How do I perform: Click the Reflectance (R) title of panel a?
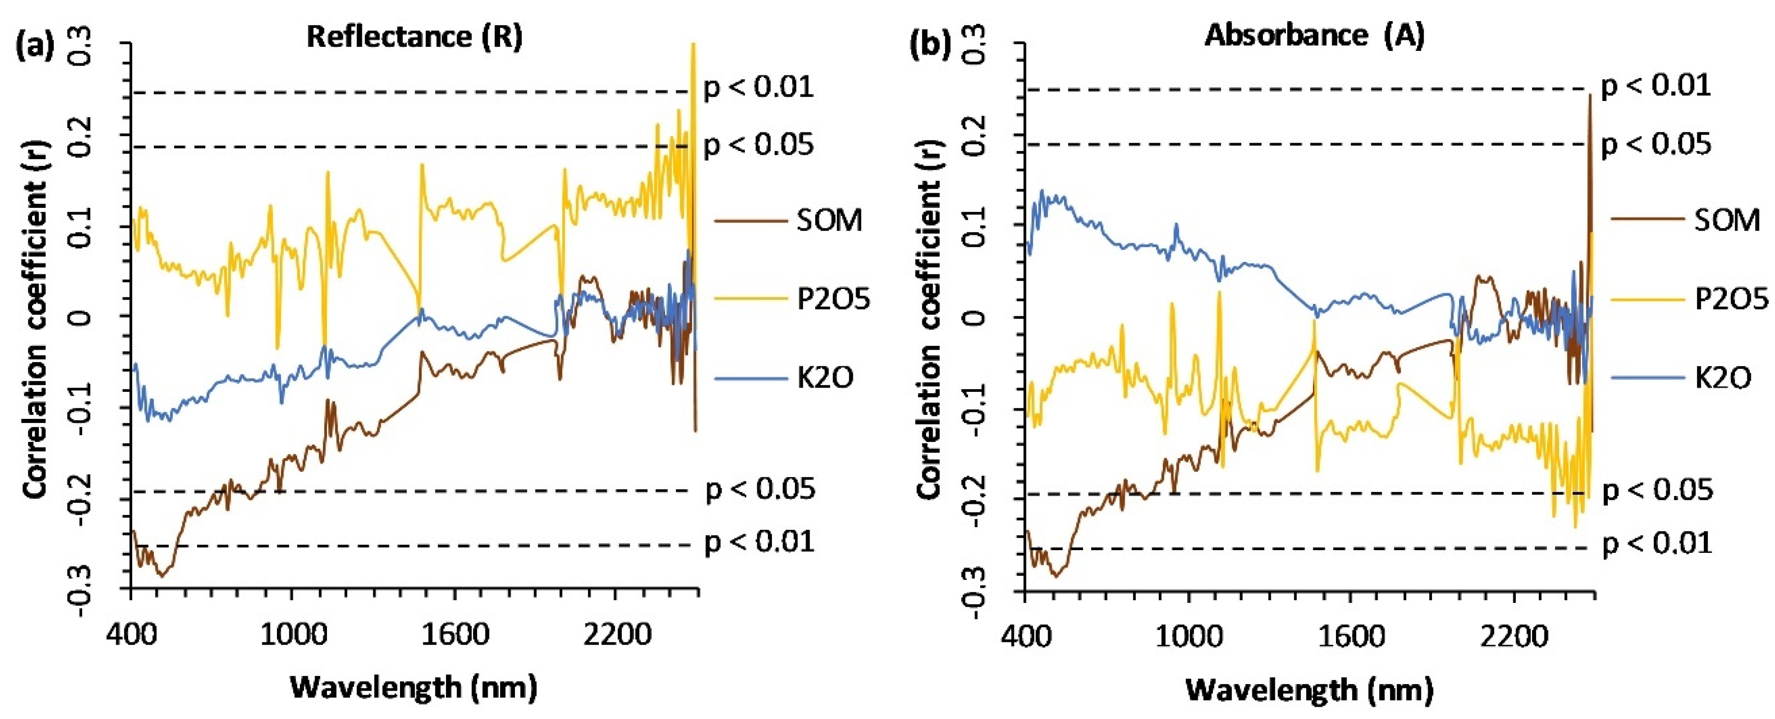pyautogui.click(x=414, y=36)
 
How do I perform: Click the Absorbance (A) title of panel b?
pyautogui.click(x=1314, y=34)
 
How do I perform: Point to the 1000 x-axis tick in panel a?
pyautogui.click(x=293, y=634)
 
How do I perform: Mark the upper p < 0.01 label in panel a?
pyautogui.click(x=758, y=88)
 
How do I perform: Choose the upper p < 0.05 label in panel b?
pyautogui.click(x=1656, y=145)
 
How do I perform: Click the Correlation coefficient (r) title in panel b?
pyautogui.click(x=930, y=319)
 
